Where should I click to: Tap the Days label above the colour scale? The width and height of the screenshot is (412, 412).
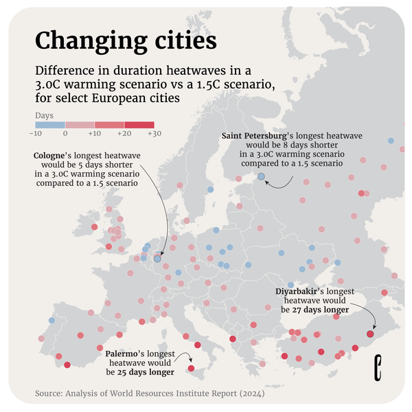[x=44, y=115]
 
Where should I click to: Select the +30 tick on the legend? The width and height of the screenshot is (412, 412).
[x=153, y=133]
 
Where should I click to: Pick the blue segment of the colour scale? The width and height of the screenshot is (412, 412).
[x=51, y=124]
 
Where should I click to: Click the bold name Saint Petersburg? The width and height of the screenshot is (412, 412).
[x=254, y=135]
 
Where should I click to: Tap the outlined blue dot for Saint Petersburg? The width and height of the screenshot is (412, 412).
[x=261, y=177]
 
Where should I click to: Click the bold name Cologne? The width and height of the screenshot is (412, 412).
[x=49, y=156]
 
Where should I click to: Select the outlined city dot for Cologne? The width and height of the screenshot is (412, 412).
[x=157, y=259]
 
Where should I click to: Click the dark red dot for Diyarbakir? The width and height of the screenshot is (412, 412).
[x=370, y=334]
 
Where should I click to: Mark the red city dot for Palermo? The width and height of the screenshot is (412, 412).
[x=191, y=369]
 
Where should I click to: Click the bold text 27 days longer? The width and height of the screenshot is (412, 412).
[x=320, y=310]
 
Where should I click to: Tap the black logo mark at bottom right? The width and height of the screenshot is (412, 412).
[x=377, y=367]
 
